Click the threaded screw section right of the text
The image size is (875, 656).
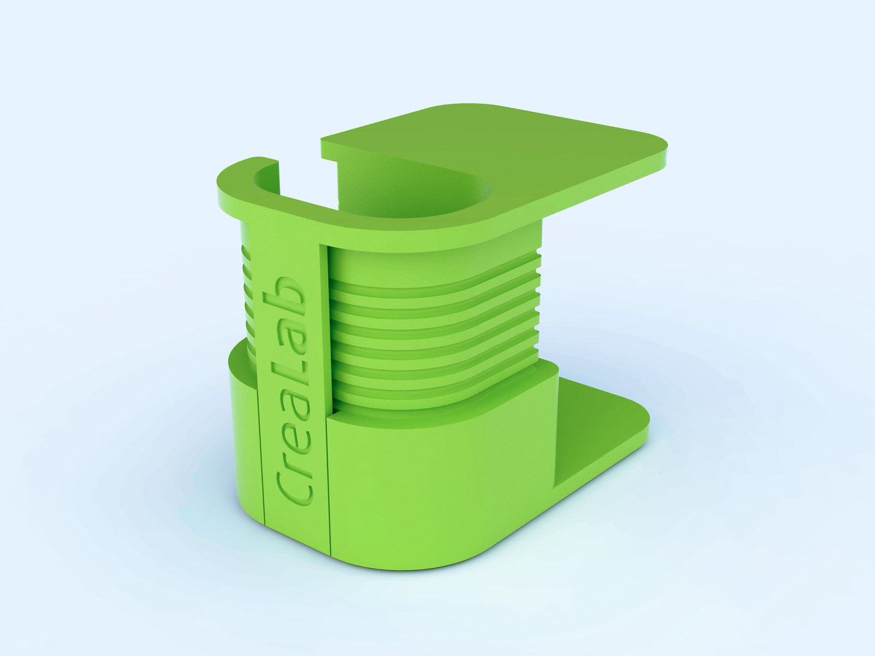click(431, 331)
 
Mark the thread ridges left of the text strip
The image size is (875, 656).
click(246, 294)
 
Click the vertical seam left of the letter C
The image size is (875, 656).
click(262, 456)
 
